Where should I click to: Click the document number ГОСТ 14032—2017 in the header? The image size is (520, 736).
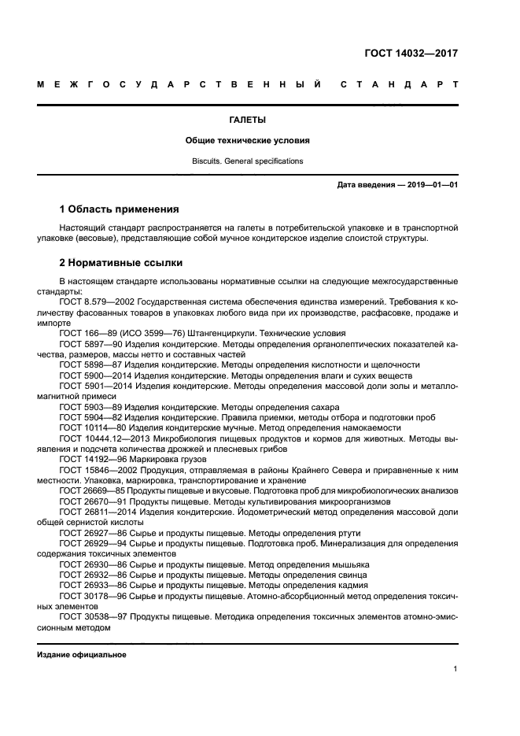pos(411,54)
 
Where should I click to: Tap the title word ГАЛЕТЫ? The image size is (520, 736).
pos(247,120)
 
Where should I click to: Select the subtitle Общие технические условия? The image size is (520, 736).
pos(247,141)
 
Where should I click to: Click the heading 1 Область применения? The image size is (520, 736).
pos(120,209)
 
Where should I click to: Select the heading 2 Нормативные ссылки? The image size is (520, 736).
pos(121,262)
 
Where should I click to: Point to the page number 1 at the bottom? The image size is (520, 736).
pos(455,669)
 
